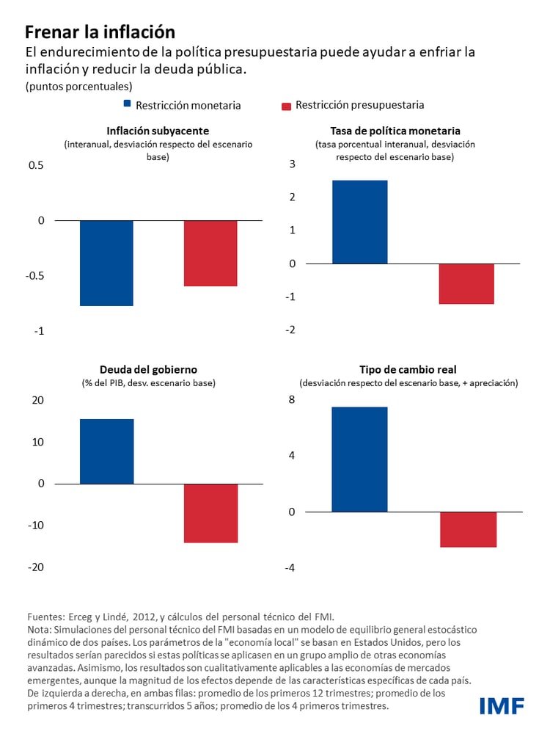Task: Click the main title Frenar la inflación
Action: point(100,32)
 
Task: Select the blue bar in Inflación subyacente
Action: point(106,263)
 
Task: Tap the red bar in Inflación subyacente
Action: point(210,253)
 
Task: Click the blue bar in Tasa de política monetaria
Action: point(359,222)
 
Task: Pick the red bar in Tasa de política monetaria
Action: point(466,283)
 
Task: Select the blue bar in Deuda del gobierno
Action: point(106,451)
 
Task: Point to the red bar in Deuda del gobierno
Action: point(210,513)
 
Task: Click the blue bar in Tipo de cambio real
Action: point(359,459)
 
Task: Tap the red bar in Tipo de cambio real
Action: point(468,529)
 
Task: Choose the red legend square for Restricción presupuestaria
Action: point(287,106)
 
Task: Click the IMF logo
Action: point(502,706)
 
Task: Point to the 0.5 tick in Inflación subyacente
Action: point(36,165)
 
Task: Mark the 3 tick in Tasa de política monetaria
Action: point(292,164)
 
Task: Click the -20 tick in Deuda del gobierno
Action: point(36,567)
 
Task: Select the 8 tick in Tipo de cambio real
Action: point(292,399)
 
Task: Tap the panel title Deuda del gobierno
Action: point(148,369)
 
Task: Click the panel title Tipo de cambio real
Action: point(408,369)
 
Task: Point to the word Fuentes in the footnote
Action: point(45,617)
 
